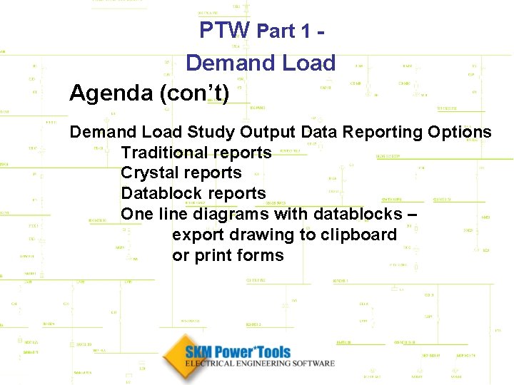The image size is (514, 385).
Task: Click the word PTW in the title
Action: [224, 30]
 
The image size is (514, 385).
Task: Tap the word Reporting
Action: [381, 132]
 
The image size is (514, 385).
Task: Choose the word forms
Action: [261, 256]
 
